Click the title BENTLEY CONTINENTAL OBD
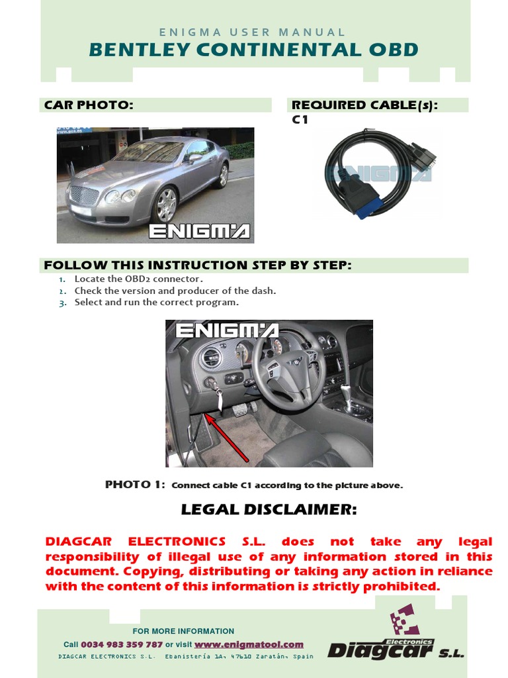[253, 50]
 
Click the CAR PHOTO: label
[89, 105]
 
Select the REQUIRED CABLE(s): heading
[364, 105]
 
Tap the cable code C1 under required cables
[300, 120]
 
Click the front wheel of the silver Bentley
[165, 205]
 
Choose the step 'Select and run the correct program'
[156, 302]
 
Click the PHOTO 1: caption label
[135, 485]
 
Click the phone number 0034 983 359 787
[122, 644]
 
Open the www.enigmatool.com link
[249, 644]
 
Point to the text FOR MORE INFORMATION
[183, 631]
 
